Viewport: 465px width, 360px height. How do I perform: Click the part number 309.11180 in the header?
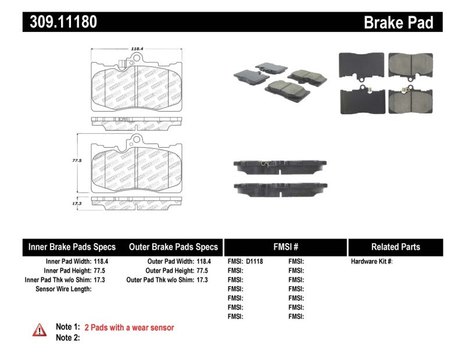(60, 22)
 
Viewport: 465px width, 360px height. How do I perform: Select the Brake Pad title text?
(398, 23)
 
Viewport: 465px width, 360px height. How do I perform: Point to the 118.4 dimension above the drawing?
(137, 50)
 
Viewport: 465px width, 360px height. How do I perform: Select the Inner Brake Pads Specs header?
(72, 247)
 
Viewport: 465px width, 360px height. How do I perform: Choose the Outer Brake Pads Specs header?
(173, 247)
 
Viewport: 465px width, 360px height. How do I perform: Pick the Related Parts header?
(395, 247)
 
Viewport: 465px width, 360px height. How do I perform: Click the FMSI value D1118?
(255, 262)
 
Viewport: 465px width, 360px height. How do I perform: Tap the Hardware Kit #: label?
(371, 262)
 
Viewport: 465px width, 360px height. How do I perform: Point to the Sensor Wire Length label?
(63, 289)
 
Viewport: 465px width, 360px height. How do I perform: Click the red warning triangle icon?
(40, 329)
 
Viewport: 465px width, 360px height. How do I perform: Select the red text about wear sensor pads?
(129, 327)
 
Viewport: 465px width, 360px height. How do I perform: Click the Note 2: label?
(67, 337)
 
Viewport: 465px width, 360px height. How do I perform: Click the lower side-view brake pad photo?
(278, 188)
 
